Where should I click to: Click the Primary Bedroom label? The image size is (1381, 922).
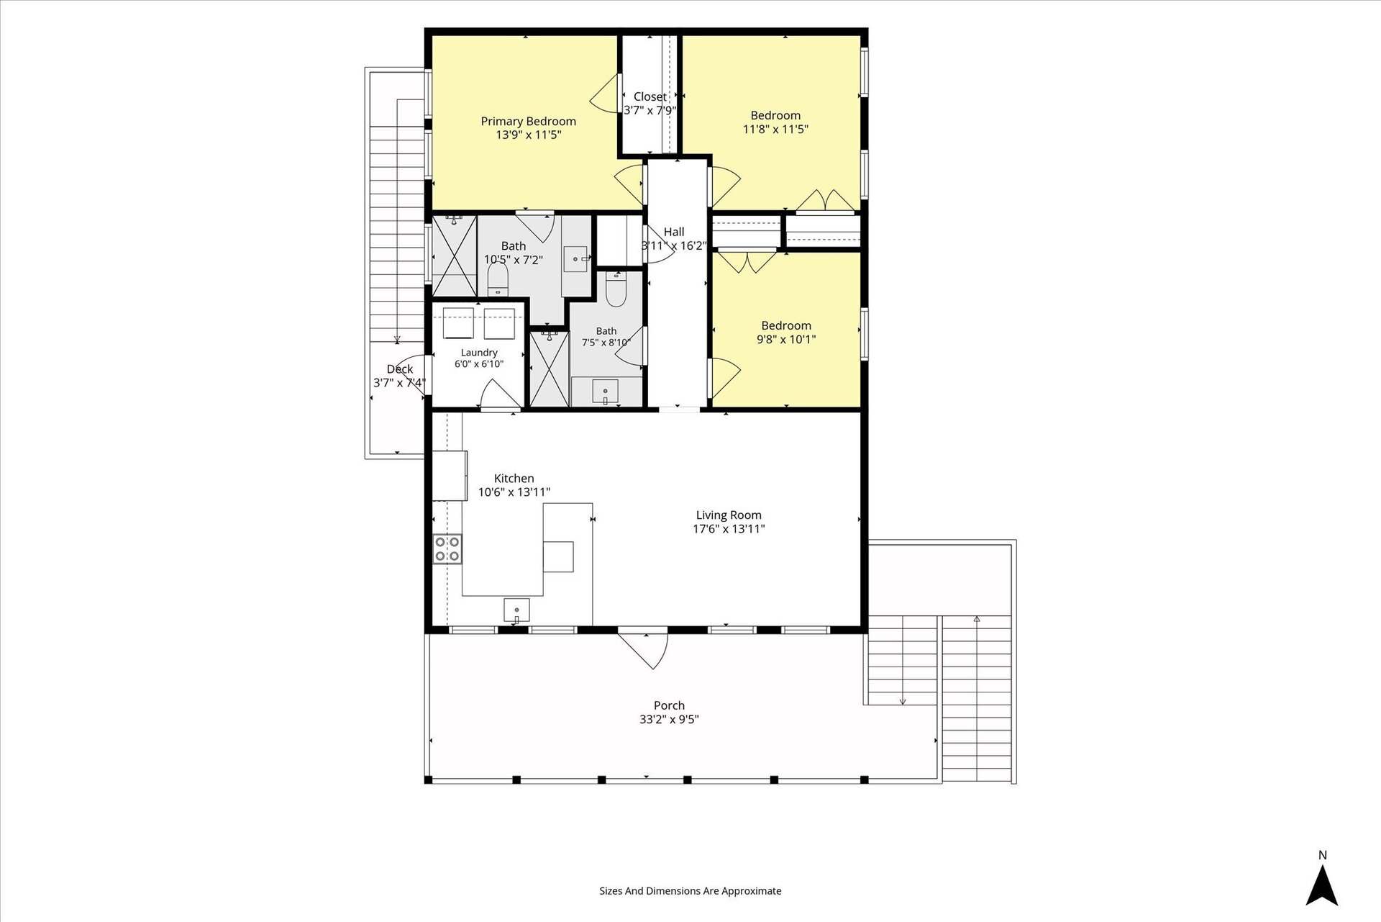[528, 121]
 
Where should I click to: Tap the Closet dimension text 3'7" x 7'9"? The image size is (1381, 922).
[650, 110]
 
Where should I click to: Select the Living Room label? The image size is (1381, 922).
[729, 515]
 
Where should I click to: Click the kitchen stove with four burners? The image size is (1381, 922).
[447, 549]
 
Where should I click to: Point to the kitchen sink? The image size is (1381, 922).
[516, 610]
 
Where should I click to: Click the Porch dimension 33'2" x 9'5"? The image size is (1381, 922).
[669, 719]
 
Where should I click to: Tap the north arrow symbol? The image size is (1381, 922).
[1322, 885]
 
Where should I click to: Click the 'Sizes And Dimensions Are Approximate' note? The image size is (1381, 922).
[690, 891]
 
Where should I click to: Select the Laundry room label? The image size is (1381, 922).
[479, 353]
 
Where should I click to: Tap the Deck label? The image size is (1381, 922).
[400, 369]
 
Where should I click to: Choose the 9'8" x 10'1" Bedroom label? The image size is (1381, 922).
[786, 325]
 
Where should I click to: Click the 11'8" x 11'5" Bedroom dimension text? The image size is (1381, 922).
[775, 130]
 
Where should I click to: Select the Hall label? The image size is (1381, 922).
[674, 232]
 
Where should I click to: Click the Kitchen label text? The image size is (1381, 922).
[514, 478]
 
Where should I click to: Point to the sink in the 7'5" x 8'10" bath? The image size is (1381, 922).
[606, 392]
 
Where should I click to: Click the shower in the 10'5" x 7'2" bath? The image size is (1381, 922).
[454, 256]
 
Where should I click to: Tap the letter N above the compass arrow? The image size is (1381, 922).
[1322, 855]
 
